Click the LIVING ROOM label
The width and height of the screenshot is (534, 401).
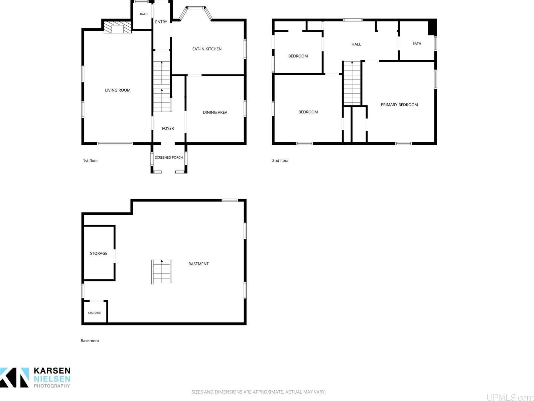coord(118,90)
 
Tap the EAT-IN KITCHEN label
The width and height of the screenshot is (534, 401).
coord(207,49)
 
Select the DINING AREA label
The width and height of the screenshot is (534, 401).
coord(215,112)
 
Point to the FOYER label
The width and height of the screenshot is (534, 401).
coord(168,128)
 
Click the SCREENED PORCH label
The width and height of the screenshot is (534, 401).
coord(169,158)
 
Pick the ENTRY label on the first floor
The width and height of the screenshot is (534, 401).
coord(161,22)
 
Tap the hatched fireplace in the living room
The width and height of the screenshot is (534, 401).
coord(118,27)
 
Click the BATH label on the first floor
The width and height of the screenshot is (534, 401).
coord(144,14)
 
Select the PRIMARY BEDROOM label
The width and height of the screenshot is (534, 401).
coord(399,105)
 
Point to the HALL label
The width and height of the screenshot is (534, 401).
coord(356,44)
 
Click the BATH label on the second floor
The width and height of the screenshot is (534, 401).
coord(417,43)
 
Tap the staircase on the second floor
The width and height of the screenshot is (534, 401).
coord(352,84)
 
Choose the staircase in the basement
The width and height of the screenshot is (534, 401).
coord(162,272)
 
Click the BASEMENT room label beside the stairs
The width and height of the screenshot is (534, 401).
coord(198,264)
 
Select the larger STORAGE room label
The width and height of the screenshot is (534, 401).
coord(99,253)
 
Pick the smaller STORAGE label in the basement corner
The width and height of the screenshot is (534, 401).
coord(94,313)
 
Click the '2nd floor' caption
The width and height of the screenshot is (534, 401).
coord(280,160)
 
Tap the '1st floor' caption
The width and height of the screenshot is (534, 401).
coord(91,160)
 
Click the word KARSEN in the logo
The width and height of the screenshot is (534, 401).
coord(52,371)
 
